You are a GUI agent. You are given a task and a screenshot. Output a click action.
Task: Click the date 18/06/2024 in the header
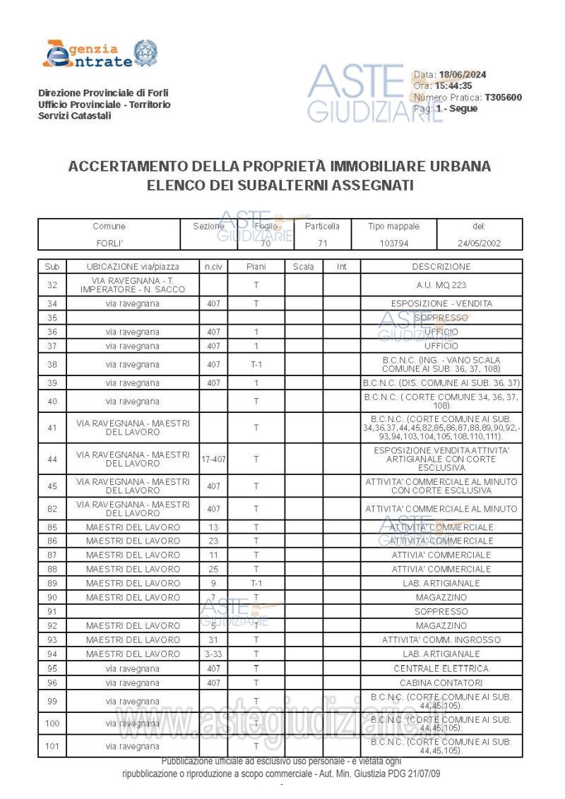tap(463, 75)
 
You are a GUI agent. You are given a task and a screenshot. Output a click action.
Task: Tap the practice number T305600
tap(503, 97)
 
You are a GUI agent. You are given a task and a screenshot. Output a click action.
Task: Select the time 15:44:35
tap(453, 86)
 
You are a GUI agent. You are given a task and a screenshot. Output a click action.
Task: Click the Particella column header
tap(322, 227)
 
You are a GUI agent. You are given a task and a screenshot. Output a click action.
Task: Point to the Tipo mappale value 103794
tap(393, 243)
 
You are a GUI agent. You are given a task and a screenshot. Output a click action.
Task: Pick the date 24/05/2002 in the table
tap(480, 243)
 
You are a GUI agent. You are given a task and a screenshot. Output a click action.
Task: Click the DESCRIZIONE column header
tap(441, 267)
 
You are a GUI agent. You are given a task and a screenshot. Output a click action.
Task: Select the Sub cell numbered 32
tap(52, 285)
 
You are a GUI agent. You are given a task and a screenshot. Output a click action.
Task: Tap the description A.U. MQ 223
tap(441, 285)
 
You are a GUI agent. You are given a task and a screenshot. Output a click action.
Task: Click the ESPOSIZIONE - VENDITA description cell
tap(441, 304)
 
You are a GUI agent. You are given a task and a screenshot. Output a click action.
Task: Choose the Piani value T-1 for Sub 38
tap(256, 365)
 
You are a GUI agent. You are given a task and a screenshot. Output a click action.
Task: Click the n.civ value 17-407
tap(213, 459)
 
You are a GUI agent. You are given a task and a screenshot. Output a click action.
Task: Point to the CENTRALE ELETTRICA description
tap(441, 668)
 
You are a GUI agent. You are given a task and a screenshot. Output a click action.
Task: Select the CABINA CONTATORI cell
tap(441, 683)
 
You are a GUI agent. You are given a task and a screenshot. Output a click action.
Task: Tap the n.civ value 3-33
tap(213, 654)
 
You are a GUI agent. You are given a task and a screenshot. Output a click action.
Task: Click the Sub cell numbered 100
tap(52, 723)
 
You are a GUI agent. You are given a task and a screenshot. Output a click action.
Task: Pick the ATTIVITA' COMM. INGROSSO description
tap(441, 640)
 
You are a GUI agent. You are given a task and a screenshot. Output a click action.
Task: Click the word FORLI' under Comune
tap(109, 243)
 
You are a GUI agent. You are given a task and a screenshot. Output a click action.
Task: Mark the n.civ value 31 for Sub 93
tap(213, 640)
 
